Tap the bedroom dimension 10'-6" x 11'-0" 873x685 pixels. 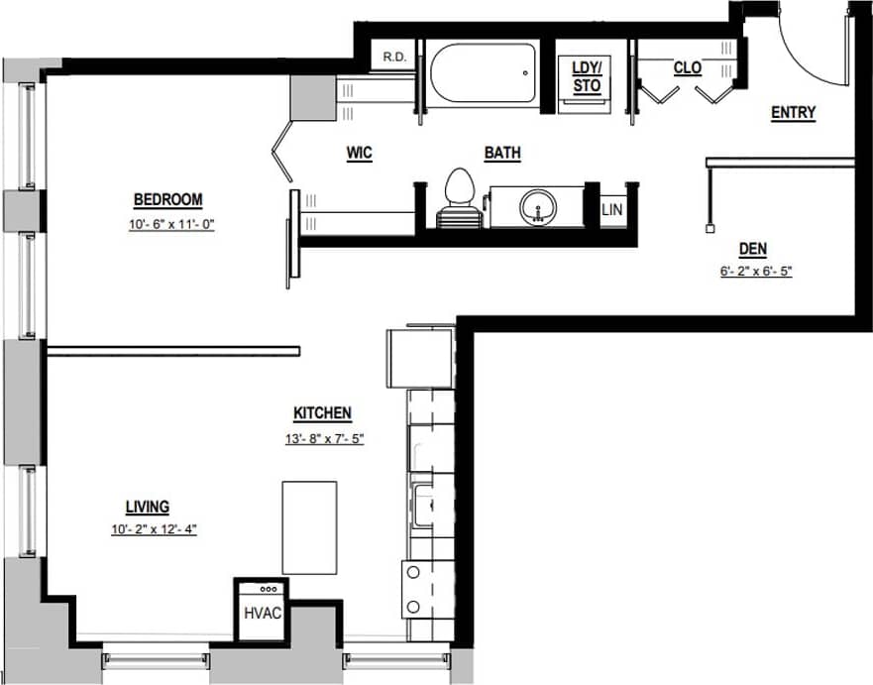tap(171, 225)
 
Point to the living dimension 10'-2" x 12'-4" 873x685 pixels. tap(154, 529)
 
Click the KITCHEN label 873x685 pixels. tap(322, 413)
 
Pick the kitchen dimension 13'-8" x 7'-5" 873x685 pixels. tap(325, 438)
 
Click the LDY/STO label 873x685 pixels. tap(588, 76)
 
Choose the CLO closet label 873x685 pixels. tap(687, 67)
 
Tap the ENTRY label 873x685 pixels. tap(793, 113)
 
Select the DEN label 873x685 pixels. tap(754, 249)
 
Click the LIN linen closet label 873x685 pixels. tap(611, 210)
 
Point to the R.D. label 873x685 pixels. tap(394, 57)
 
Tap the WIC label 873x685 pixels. tap(359, 154)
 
